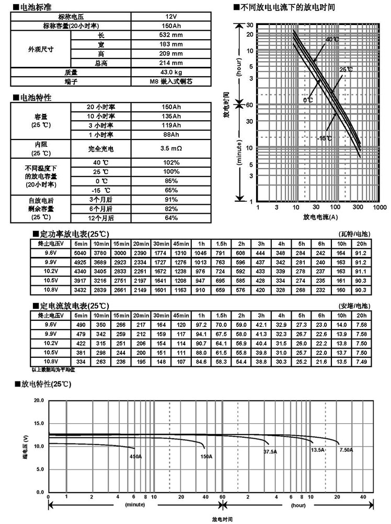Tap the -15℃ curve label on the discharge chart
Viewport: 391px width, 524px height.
324,138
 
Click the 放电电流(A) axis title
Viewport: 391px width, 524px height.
320,217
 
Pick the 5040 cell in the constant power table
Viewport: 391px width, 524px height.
80,252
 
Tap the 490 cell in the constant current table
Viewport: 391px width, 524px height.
80,325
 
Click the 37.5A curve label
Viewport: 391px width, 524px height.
270,451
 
